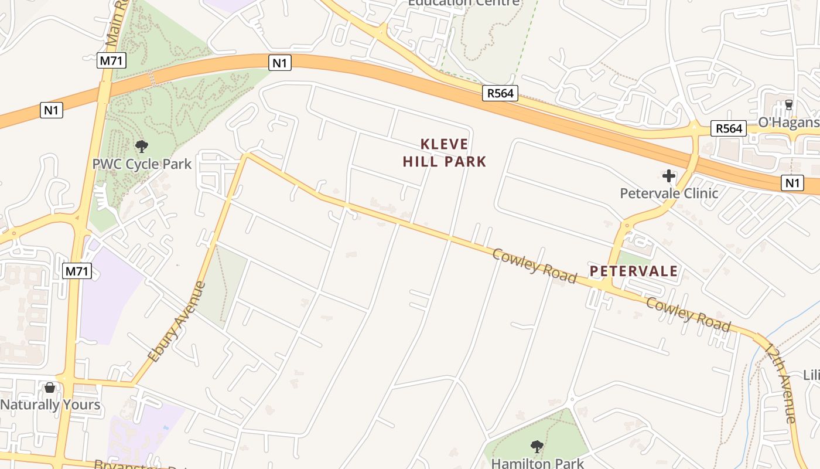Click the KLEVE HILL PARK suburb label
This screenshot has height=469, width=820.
445,152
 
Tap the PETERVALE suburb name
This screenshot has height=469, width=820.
634,271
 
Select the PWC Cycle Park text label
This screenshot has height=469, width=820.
142,164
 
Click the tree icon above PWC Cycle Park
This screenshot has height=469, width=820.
141,147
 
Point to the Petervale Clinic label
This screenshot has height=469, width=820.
669,193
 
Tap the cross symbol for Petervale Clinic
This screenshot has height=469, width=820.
668,176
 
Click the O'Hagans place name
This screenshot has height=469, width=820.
788,123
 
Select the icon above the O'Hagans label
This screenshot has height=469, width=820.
788,106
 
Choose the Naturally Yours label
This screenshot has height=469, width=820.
50,405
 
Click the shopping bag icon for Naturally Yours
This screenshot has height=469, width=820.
50,388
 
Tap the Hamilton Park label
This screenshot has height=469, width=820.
538,463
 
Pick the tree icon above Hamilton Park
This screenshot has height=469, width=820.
537,447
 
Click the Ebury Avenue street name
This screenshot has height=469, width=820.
177,322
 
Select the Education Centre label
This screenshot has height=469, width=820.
463,2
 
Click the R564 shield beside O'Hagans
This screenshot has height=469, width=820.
729,128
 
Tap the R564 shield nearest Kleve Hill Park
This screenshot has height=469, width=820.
500,93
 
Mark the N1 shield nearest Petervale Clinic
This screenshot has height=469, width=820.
792,183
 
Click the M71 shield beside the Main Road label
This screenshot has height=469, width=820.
111,60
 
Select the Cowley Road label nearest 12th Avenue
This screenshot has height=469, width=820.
688,314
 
